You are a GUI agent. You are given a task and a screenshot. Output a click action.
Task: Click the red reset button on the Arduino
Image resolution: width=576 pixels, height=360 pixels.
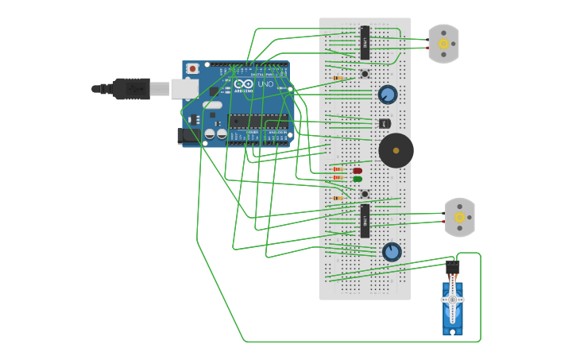click(x=191, y=69)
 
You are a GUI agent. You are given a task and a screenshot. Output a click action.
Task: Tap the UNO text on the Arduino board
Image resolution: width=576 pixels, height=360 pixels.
click(x=265, y=84)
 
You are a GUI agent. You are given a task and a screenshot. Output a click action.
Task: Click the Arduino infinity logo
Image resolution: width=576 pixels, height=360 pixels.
click(x=244, y=84)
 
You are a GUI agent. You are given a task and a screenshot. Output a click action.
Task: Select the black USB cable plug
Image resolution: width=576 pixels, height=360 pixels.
click(x=130, y=88)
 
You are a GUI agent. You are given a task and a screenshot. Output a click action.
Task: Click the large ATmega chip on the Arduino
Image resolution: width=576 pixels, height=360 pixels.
click(x=258, y=122)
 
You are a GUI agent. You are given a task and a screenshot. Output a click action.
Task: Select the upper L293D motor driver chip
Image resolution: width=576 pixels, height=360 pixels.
click(x=365, y=43)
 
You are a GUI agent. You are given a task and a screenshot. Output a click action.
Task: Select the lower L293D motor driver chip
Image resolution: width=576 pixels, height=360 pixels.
click(x=365, y=221)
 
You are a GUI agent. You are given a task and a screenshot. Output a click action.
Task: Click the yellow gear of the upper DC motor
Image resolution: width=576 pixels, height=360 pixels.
click(x=443, y=44)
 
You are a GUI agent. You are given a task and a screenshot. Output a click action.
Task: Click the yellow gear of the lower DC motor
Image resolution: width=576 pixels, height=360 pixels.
click(x=459, y=217)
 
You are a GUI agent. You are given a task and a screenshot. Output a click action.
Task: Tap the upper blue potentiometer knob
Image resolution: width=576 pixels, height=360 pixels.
click(x=388, y=95)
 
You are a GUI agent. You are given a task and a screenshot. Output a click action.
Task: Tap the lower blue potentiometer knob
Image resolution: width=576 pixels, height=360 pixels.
click(x=392, y=252)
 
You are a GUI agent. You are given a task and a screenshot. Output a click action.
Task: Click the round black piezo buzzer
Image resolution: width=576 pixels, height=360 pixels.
click(x=396, y=150)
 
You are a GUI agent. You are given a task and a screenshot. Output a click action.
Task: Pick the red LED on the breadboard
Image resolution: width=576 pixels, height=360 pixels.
click(x=358, y=170)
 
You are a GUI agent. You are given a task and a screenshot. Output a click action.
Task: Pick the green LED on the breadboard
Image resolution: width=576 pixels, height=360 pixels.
click(x=358, y=179)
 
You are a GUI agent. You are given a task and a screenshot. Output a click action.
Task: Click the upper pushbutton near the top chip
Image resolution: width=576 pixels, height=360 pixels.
click(x=365, y=74)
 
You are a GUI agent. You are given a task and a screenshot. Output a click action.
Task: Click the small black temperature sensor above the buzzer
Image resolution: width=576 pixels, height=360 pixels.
click(x=385, y=123)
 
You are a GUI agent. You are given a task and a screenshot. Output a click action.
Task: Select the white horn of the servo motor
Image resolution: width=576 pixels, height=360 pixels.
click(x=453, y=299)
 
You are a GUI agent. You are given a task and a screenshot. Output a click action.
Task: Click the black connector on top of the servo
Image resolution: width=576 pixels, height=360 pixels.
click(x=453, y=266)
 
